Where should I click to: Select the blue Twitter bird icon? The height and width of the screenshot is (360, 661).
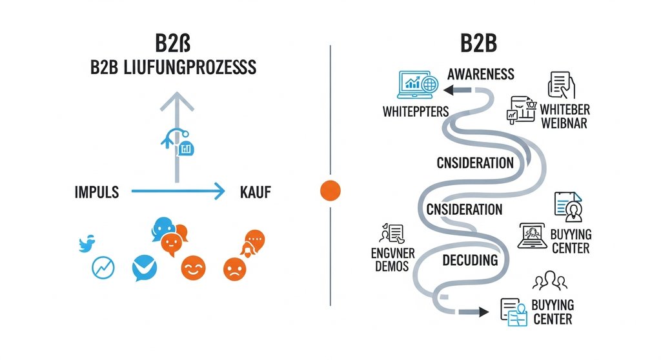tap(86, 244)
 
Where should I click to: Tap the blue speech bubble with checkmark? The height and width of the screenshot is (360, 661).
tap(144, 268)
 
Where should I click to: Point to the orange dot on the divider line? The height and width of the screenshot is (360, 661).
tap(330, 191)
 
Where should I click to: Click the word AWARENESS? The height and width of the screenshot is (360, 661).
tap(481, 74)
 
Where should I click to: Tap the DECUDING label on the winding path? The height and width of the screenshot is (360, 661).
tap(470, 261)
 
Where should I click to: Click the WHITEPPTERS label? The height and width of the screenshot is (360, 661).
tap(415, 112)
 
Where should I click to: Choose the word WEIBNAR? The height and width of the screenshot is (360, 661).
tap(564, 123)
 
